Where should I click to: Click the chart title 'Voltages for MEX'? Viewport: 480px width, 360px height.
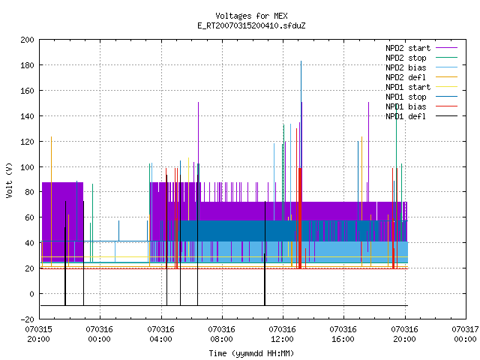pyautogui.click(x=251, y=16)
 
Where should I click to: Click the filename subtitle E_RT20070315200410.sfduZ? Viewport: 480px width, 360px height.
pyautogui.click(x=251, y=25)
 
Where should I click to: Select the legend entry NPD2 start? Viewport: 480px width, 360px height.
pyautogui.click(x=408, y=48)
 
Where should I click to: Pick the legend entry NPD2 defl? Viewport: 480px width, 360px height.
pyautogui.click(x=406, y=77)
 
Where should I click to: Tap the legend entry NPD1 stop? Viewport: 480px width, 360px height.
pyautogui.click(x=406, y=97)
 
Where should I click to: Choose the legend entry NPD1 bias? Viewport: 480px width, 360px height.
pyautogui.click(x=406, y=106)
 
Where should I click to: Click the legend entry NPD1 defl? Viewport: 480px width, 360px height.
pyautogui.click(x=406, y=116)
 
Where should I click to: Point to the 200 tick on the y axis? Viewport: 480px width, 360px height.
pyautogui.click(x=27, y=40)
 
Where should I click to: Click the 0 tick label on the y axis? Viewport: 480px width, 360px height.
pyautogui.click(x=31, y=294)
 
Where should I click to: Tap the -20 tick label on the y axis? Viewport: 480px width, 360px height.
pyautogui.click(x=27, y=319)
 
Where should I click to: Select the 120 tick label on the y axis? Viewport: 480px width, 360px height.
pyautogui.click(x=27, y=142)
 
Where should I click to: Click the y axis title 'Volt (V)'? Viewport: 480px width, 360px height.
pyautogui.click(x=9, y=181)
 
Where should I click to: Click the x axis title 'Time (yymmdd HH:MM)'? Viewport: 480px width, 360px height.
pyautogui.click(x=251, y=353)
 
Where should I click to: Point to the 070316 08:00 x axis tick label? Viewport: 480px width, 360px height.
pyautogui.click(x=221, y=334)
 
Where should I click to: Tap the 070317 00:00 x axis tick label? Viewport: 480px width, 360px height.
pyautogui.click(x=465, y=334)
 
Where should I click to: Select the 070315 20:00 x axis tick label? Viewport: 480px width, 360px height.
pyautogui.click(x=38, y=334)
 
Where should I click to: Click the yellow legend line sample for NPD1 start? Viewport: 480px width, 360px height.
pyautogui.click(x=446, y=87)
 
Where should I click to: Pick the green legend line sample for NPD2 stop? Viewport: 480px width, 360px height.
pyautogui.click(x=446, y=58)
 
